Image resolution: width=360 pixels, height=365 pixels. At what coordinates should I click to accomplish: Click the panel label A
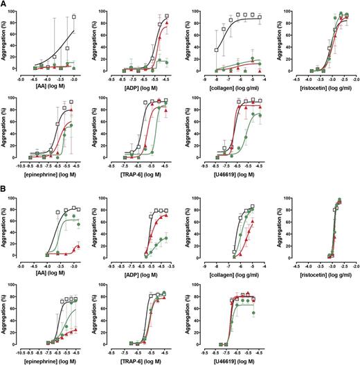click(x=5, y=5)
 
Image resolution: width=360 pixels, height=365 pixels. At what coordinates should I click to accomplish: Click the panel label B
click(x=5, y=188)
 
